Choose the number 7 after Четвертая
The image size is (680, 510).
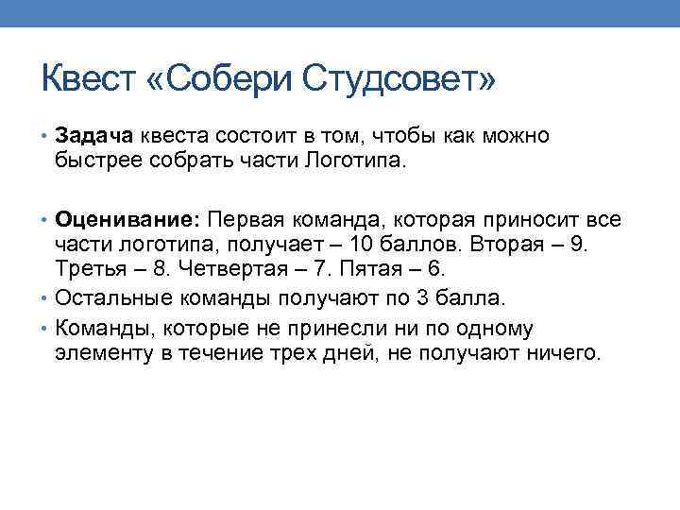333,269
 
